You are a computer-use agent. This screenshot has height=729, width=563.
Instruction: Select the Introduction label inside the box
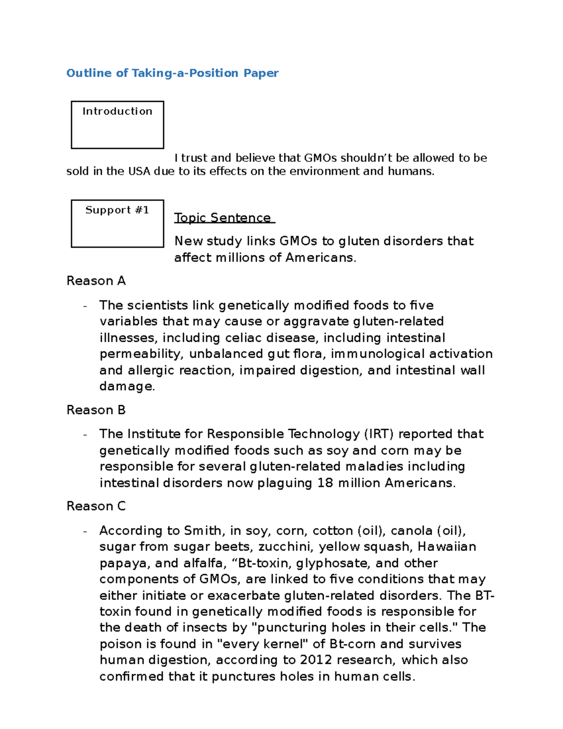point(117,111)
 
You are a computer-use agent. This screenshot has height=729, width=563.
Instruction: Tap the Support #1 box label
point(117,210)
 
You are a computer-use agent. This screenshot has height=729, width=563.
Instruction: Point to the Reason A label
point(96,281)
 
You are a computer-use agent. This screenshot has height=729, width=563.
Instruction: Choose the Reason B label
point(96,410)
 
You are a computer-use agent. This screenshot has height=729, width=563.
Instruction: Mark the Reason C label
point(96,506)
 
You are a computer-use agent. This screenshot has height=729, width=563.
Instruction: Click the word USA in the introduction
point(139,171)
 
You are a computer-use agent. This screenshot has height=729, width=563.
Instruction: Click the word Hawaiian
point(447,547)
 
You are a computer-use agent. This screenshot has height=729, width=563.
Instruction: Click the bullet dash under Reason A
point(85,306)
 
